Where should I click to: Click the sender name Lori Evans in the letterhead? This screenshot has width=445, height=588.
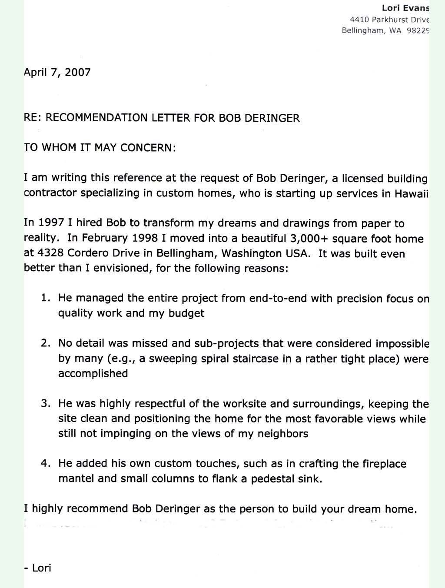[405, 8]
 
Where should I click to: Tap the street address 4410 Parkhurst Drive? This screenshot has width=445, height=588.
[389, 20]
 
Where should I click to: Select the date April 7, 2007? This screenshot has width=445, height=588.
[57, 72]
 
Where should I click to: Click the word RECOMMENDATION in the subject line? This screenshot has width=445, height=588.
[96, 118]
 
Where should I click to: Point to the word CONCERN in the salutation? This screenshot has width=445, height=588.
[148, 147]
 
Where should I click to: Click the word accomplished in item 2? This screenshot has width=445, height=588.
[93, 374]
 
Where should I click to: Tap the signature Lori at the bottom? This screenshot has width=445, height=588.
[42, 568]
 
